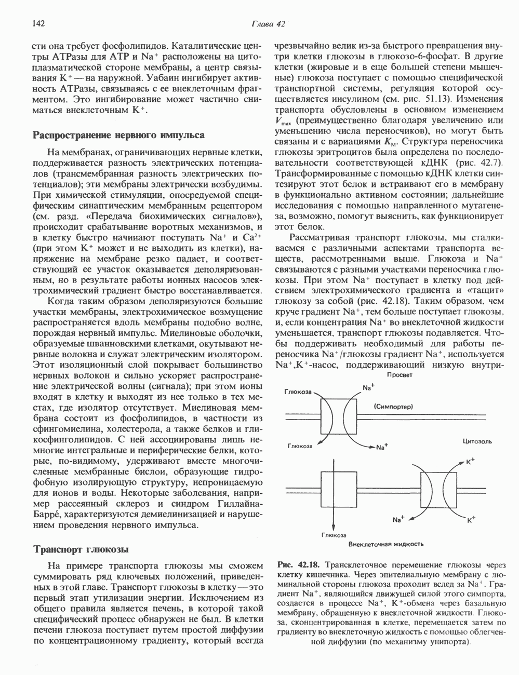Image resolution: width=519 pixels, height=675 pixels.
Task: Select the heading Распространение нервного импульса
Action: pos(118,135)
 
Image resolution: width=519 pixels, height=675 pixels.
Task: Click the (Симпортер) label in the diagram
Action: pos(393,407)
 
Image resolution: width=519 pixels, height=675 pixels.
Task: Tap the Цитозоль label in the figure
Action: pos(477,441)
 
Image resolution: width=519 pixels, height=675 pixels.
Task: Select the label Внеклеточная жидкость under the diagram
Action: pos(386,545)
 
